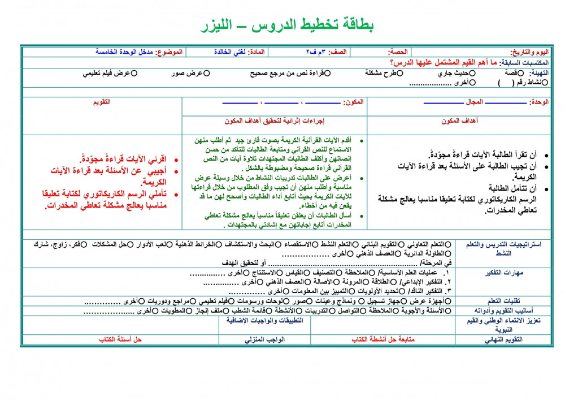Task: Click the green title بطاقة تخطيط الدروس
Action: [288, 25]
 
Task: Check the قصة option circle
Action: [507, 73]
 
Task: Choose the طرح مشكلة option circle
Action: [401, 73]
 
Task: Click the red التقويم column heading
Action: [102, 102]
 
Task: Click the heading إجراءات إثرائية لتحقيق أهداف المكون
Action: [274, 121]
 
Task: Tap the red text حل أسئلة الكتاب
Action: [120, 339]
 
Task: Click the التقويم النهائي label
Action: [504, 339]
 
